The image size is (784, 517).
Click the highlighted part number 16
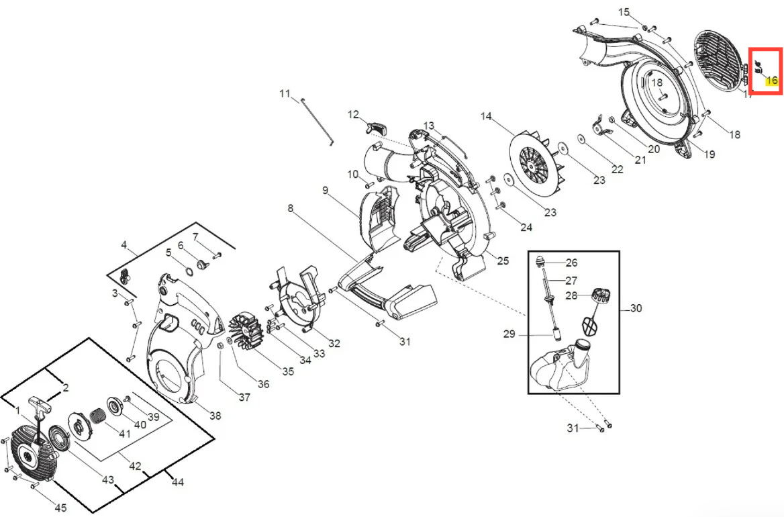772,80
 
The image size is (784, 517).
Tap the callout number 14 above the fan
486,116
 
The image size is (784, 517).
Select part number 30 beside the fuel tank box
636,308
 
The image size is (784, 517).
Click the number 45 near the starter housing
60,508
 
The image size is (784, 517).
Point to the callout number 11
285,93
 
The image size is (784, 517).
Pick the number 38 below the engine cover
215,416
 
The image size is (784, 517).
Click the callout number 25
503,261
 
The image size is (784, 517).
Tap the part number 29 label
509,334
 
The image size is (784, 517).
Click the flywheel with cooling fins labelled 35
246,331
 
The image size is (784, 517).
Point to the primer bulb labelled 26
540,261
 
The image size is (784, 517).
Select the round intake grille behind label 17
718,61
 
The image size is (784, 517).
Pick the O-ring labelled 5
190,271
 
